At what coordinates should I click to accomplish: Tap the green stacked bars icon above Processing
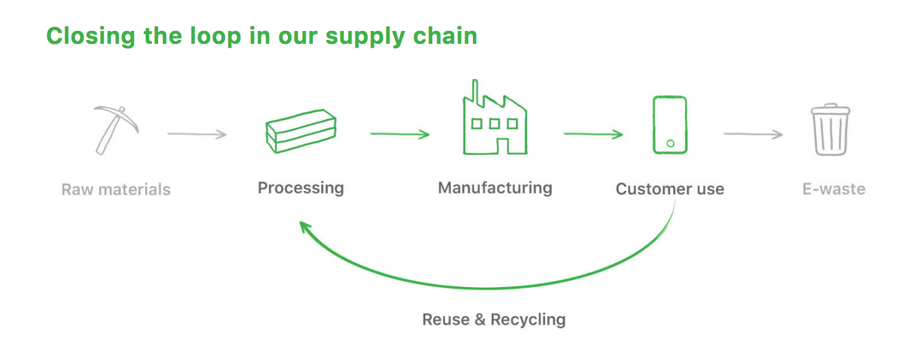click(x=301, y=131)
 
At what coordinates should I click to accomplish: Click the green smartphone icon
click(x=670, y=125)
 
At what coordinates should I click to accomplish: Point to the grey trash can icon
click(x=830, y=130)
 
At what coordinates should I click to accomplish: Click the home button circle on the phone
click(x=670, y=143)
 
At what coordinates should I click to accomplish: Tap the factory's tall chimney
click(x=475, y=92)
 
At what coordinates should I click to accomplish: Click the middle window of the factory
click(x=494, y=123)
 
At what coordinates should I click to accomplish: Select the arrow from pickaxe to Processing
click(x=197, y=134)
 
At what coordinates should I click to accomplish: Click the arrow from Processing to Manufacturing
click(x=400, y=134)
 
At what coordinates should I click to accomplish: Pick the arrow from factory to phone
click(x=594, y=134)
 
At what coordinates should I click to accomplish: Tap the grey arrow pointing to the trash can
click(x=753, y=134)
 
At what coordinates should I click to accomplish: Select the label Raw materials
click(x=116, y=190)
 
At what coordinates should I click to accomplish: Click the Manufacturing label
click(x=495, y=188)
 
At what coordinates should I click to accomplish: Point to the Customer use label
click(x=670, y=189)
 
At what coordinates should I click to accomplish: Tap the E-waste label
click(x=834, y=189)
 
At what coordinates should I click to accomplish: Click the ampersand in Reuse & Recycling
click(x=480, y=319)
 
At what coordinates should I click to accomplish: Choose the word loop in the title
click(x=215, y=36)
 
